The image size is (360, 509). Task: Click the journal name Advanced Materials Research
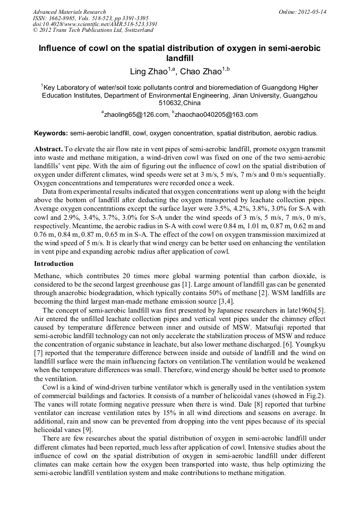(x=69, y=12)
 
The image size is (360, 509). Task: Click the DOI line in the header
(x=95, y=24)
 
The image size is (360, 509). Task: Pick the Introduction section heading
(x=54, y=264)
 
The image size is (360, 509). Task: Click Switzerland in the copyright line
(x=135, y=31)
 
